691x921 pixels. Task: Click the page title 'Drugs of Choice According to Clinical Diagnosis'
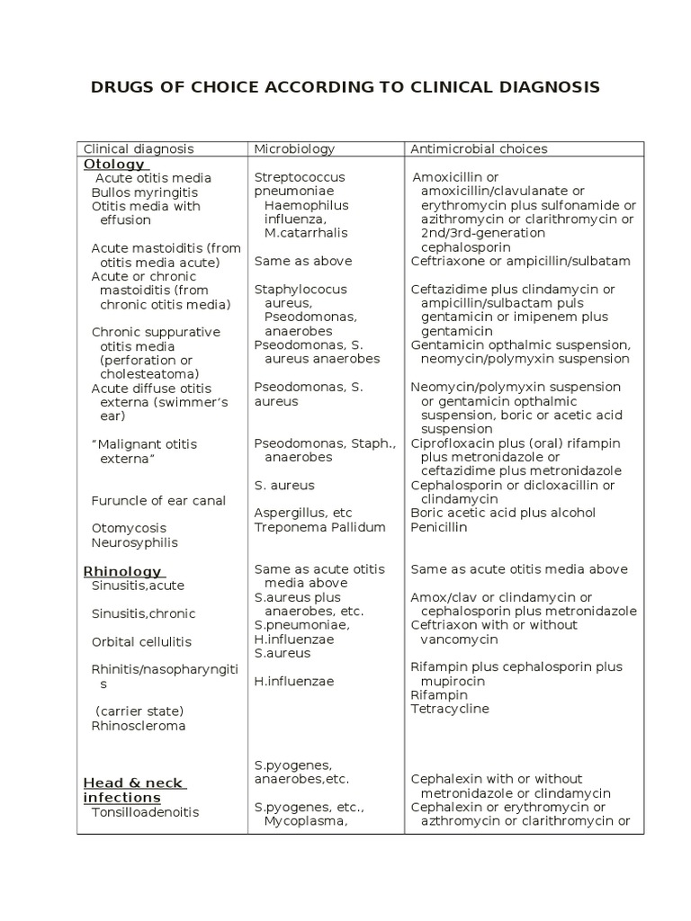pos(345,87)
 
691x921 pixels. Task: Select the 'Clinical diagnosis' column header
pos(139,149)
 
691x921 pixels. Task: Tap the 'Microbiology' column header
pos(294,149)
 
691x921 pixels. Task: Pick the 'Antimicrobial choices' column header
pos(479,149)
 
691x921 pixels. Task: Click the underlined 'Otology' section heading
pos(114,164)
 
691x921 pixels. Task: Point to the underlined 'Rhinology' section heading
pos(122,571)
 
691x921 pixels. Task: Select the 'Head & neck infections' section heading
pos(134,791)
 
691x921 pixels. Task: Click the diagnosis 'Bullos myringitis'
pos(144,192)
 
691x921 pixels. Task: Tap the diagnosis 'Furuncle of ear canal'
pos(158,500)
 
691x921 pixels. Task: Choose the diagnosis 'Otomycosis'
pos(129,528)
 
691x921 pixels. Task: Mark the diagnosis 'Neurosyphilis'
pos(134,542)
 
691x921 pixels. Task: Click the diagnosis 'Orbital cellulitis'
pos(141,642)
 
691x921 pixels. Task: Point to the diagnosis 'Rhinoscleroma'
pos(139,726)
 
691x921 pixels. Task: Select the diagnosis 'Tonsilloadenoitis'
pos(145,812)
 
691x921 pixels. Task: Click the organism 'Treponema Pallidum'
pos(319,527)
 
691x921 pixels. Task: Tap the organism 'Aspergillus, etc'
pos(303,513)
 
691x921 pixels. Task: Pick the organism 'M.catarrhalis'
pos(306,233)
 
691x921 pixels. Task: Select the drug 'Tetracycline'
pos(450,709)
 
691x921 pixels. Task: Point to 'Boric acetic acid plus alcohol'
pos(503,513)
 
